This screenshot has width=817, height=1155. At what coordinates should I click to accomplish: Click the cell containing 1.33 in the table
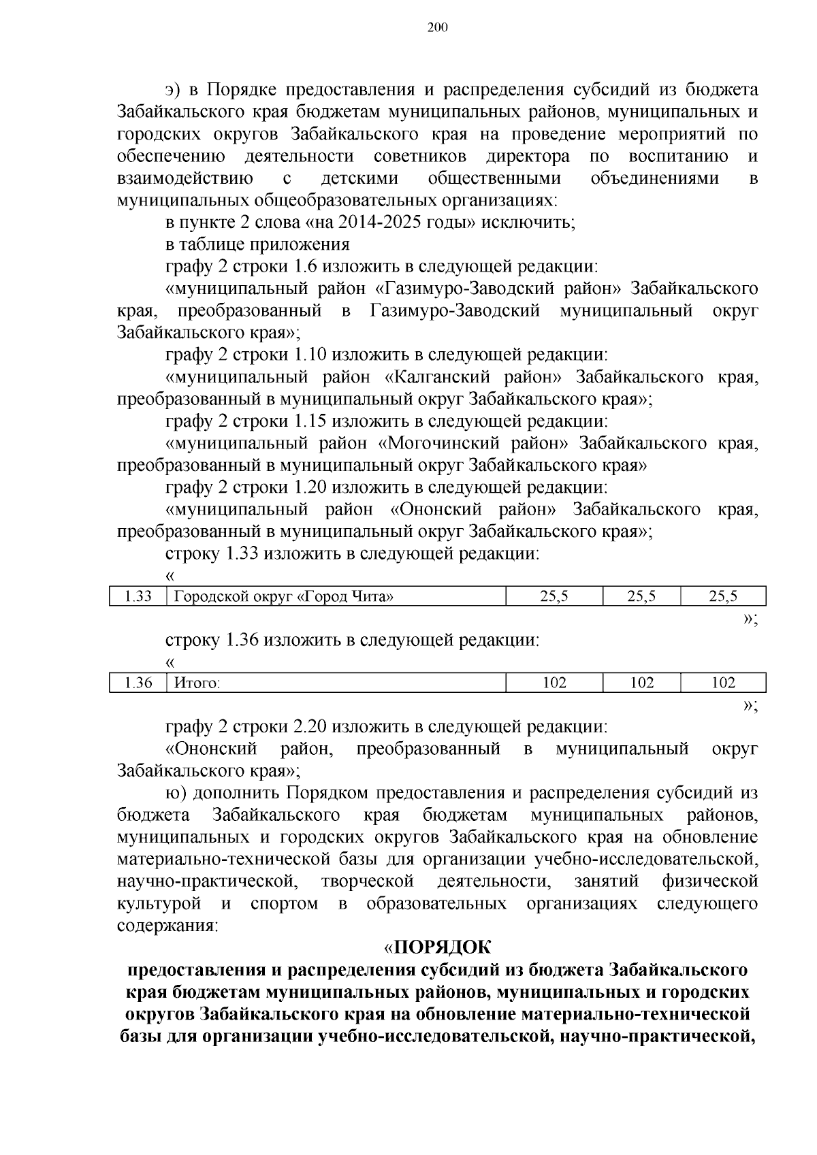(x=138, y=597)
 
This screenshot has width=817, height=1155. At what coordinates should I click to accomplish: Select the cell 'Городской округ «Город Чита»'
(x=284, y=597)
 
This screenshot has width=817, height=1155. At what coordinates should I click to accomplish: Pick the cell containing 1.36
(x=138, y=683)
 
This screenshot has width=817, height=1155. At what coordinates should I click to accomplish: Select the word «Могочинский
(x=436, y=444)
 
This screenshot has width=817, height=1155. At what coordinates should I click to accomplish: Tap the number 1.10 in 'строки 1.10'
(x=310, y=355)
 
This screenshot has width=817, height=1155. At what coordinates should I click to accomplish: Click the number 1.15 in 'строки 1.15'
(x=310, y=421)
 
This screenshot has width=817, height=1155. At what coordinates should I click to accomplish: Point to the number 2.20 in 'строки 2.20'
(x=310, y=727)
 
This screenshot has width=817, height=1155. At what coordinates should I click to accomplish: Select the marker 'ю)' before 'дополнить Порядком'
(x=175, y=794)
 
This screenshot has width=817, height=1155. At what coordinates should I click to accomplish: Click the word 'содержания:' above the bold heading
(x=167, y=926)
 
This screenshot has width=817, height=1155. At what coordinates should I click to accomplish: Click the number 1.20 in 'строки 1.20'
(x=310, y=488)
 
